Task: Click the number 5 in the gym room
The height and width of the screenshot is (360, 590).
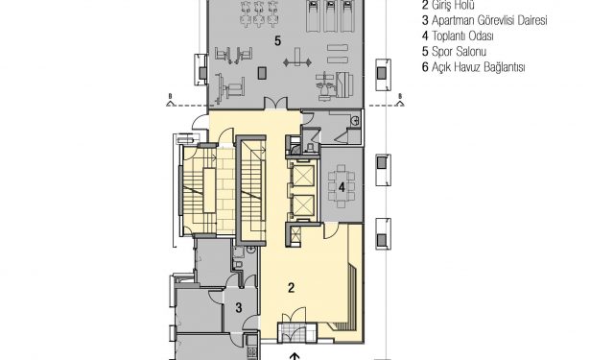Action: click(x=277, y=40)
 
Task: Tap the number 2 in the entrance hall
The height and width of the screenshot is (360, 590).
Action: click(x=292, y=288)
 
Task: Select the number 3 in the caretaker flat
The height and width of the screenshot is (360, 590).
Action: click(x=239, y=307)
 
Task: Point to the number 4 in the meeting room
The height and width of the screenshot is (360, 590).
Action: click(x=342, y=187)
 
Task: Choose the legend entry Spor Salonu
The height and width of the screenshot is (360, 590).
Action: click(x=454, y=52)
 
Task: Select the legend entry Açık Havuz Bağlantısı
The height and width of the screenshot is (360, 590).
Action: click(x=473, y=67)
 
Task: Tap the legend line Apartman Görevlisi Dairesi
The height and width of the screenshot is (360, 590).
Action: click(x=484, y=20)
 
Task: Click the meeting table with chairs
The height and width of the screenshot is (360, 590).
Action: click(x=342, y=186)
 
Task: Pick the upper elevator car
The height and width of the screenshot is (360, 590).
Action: click(x=303, y=176)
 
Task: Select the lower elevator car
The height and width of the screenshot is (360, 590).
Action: click(x=303, y=205)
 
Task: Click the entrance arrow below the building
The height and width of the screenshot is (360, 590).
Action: click(x=295, y=356)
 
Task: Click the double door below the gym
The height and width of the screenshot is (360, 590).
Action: click(x=275, y=103)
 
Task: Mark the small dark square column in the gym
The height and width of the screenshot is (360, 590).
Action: click(x=262, y=73)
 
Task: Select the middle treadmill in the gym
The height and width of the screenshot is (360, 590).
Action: click(x=330, y=15)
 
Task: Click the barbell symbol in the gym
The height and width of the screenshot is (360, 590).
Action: click(x=297, y=61)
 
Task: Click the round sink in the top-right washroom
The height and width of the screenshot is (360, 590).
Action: click(x=354, y=121)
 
